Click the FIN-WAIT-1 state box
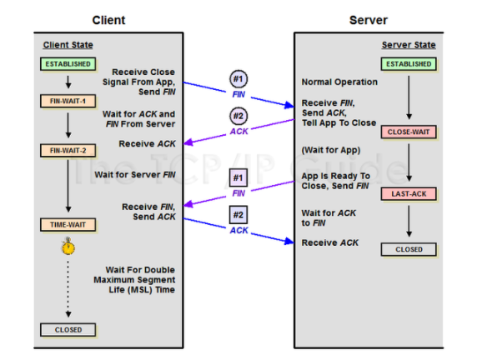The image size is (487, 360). point(68,101)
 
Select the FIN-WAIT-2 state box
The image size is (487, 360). point(68,151)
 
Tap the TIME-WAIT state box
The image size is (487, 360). point(68,225)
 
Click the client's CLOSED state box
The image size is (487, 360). point(68,330)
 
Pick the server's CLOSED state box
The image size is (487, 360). point(409,249)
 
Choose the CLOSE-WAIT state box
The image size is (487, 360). point(409,132)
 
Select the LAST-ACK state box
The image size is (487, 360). point(409,193)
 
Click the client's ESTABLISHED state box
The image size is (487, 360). point(68,64)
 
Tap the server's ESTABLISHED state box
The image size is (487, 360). point(409,64)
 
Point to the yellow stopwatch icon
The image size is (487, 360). point(68,247)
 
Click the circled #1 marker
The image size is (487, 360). point(238,79)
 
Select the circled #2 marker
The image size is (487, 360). point(238,116)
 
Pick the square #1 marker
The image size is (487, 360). point(238,177)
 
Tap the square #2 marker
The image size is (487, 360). point(238,215)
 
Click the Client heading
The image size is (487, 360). point(108,20)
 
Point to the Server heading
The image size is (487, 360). point(369,20)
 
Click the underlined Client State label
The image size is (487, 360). point(68,45)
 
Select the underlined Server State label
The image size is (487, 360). point(409,45)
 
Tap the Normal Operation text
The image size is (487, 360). point(339,82)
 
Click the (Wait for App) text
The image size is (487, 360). point(331,150)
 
